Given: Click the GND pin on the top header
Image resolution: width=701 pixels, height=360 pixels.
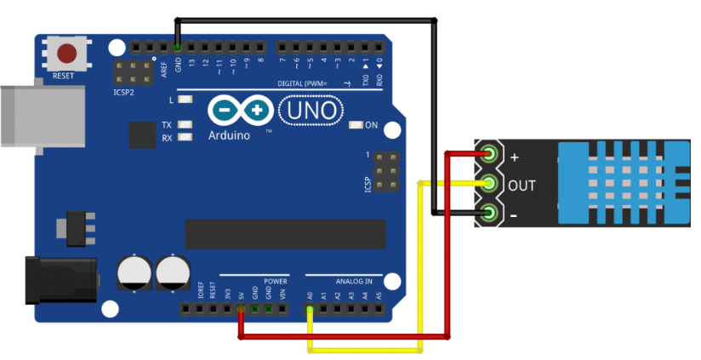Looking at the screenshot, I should [x=178, y=47].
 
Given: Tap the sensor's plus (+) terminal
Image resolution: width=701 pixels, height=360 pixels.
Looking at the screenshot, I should [x=489, y=155].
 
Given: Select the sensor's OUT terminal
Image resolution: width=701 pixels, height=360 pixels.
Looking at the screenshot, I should [x=489, y=184].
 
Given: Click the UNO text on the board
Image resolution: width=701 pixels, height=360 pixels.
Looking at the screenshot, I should [x=310, y=111].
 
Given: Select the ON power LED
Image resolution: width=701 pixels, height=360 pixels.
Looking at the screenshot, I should [x=356, y=125].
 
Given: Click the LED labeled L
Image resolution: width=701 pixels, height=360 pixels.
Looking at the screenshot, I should [x=185, y=100].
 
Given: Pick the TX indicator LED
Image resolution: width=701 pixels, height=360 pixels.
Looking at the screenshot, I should [x=185, y=125].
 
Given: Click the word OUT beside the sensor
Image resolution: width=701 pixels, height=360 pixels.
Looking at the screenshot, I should [x=522, y=185].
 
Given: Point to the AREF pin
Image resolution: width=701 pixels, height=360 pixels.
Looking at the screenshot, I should [x=164, y=47].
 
